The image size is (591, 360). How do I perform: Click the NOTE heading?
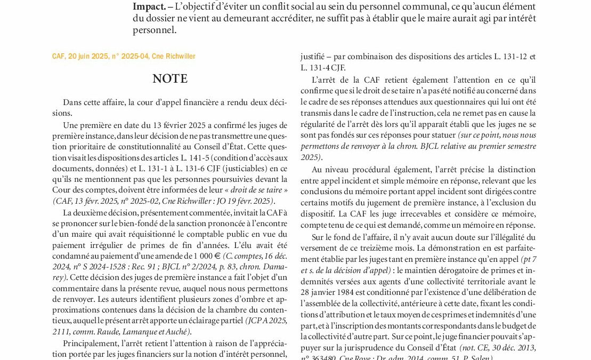click(x=170, y=79)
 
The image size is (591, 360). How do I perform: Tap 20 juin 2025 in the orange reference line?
click(x=86, y=57)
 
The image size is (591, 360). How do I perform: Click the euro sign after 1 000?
click(x=218, y=257)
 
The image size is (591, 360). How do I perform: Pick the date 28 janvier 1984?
click(x=329, y=292)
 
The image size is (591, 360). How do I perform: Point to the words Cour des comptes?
click(x=79, y=190)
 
